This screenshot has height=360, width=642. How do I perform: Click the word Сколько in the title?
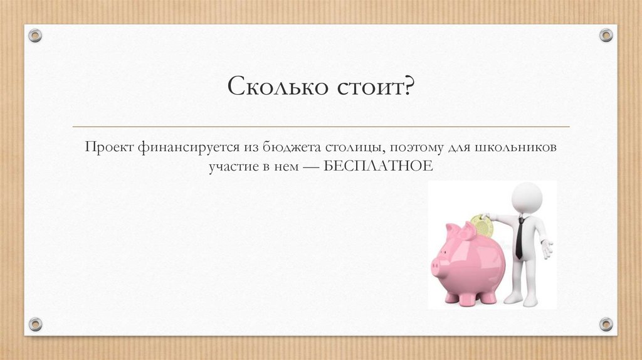click(x=273, y=86)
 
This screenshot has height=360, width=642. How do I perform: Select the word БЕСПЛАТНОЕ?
click(x=379, y=167)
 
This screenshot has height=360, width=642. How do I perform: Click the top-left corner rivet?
click(x=35, y=35)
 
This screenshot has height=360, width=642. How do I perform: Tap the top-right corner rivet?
click(x=606, y=35)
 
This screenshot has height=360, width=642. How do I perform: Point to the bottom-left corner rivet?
click(x=35, y=324)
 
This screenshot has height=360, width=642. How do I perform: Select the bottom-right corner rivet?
click(x=606, y=324)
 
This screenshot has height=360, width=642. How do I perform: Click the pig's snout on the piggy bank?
click(x=437, y=266)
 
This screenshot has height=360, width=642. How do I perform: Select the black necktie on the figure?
click(x=520, y=238)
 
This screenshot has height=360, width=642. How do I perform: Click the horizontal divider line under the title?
click(x=321, y=127)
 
